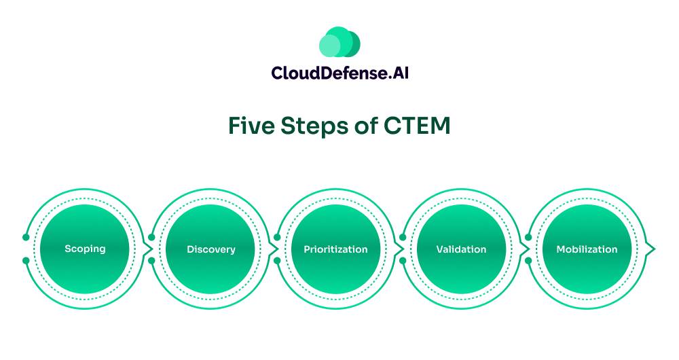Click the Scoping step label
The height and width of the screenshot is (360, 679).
(x=85, y=249)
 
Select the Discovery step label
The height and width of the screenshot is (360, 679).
(x=211, y=249)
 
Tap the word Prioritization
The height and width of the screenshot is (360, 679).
(x=335, y=249)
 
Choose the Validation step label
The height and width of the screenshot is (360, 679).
(x=461, y=249)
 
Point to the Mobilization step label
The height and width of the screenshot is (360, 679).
(x=587, y=249)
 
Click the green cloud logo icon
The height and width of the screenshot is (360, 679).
(x=339, y=42)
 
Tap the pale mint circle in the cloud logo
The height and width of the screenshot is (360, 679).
(x=329, y=46)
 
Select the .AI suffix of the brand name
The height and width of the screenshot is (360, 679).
(x=397, y=73)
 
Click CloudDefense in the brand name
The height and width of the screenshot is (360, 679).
(x=328, y=73)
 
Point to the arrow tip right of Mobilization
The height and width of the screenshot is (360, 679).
(x=653, y=249)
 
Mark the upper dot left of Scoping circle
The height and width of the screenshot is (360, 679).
(x=26, y=237)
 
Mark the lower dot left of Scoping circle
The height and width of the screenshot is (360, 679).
(x=26, y=261)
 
